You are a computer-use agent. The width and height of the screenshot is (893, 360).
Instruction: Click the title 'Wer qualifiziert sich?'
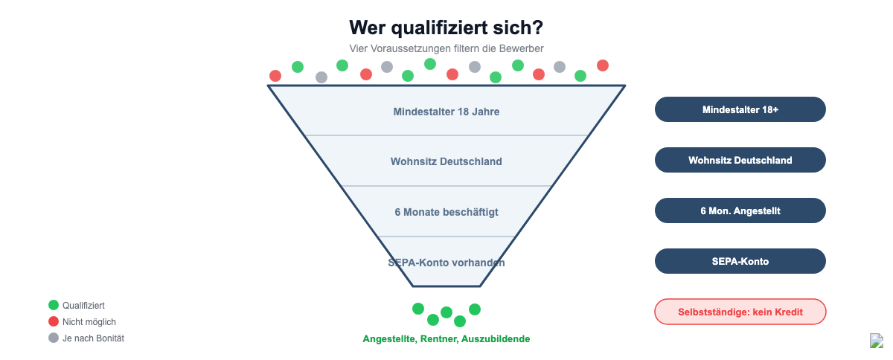coord(446,28)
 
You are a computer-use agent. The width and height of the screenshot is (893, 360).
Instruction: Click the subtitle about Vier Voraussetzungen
coord(446,48)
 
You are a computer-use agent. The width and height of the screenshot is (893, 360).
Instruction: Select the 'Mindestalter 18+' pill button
coord(740,109)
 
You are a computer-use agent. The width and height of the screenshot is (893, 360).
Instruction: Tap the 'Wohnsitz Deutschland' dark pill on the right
coord(740,160)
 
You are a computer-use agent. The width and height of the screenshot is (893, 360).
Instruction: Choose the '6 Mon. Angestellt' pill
coord(740,210)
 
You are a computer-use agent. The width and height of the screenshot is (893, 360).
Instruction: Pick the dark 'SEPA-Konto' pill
coord(740,261)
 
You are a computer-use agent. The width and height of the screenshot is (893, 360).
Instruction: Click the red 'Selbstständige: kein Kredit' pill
coord(740,312)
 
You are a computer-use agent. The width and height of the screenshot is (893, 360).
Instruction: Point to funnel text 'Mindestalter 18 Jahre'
coord(446,112)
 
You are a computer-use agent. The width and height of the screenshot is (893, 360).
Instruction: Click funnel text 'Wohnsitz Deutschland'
coord(446,161)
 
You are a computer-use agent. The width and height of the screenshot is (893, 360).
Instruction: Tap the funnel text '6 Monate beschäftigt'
coord(446,212)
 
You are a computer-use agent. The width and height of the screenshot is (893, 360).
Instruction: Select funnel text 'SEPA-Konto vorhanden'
coord(446,263)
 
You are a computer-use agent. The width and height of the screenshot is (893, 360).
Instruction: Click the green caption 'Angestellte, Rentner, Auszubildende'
coord(446,339)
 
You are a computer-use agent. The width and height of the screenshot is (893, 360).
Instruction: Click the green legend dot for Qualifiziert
coord(54,305)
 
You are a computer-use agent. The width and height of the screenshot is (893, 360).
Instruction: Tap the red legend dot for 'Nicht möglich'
coord(54,321)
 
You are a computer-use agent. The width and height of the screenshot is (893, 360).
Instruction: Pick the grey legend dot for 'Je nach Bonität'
coord(54,338)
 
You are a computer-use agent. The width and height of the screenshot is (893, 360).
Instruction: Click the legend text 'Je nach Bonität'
coord(93,338)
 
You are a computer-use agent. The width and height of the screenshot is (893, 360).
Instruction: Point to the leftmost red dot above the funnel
coord(275,75)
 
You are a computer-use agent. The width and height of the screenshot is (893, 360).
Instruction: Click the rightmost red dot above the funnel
coord(602,65)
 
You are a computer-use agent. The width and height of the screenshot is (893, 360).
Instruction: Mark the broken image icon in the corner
coord(877,341)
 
